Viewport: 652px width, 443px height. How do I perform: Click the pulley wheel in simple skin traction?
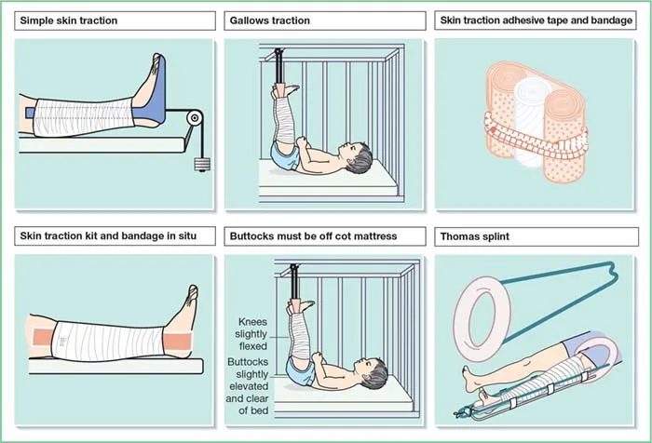point(194,118)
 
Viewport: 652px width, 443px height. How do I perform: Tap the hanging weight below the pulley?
point(202,164)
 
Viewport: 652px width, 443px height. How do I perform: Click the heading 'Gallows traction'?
point(270,20)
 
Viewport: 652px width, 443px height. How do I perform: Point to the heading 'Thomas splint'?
point(474,236)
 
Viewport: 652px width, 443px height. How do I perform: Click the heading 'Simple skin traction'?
point(69,20)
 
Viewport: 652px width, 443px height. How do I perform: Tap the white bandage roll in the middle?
point(530,120)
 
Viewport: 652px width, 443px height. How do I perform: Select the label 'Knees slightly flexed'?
point(251,334)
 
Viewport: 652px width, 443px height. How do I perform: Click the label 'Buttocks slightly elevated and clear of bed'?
point(248,386)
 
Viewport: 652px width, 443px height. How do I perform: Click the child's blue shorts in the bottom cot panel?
point(300,372)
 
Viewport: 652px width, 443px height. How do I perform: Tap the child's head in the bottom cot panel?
point(373,373)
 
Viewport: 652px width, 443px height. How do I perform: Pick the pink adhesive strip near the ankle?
point(179,342)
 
